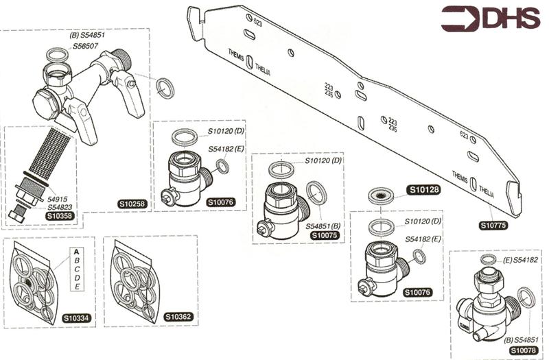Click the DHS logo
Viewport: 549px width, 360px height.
tap(489, 19)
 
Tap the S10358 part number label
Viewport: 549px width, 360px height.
tap(59, 215)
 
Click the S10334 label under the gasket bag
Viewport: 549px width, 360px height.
tap(77, 317)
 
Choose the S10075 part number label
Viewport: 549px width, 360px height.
tap(325, 235)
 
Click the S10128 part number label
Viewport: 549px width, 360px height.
tap(424, 190)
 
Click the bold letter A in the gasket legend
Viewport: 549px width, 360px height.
tap(78, 252)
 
